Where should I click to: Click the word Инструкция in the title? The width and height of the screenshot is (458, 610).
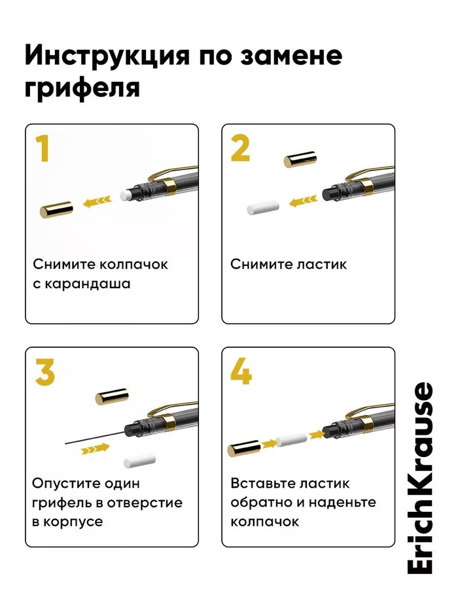[x=107, y=56]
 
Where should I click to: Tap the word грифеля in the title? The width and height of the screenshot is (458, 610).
[x=82, y=87]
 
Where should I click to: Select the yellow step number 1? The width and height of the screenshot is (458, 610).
[x=43, y=148]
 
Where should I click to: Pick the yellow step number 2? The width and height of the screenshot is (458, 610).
[x=240, y=148]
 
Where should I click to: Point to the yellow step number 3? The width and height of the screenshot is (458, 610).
[x=44, y=372]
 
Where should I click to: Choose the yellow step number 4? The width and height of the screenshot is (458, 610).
[x=241, y=371]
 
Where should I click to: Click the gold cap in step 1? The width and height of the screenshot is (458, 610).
[x=56, y=209]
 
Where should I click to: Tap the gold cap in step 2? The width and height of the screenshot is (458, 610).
[x=300, y=159]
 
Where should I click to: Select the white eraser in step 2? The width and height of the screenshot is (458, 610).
[x=263, y=208]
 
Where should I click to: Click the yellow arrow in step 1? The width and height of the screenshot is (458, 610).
[x=97, y=201]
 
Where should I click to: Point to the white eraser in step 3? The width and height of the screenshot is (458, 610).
[x=140, y=460]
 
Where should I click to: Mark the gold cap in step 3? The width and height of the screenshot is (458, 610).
[x=112, y=396]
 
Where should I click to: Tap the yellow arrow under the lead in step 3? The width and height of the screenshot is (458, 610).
[x=95, y=449]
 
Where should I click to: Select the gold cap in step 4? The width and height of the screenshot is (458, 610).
[x=244, y=448]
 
